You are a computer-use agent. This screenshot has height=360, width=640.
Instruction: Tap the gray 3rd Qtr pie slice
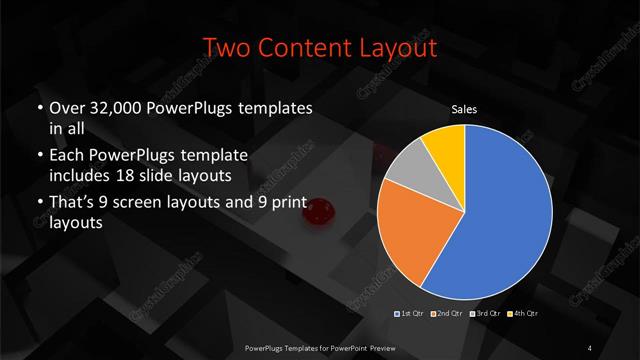point(406,172)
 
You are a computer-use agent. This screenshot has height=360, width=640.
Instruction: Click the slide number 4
point(590,347)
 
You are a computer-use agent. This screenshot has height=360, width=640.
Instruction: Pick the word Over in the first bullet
point(64,107)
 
